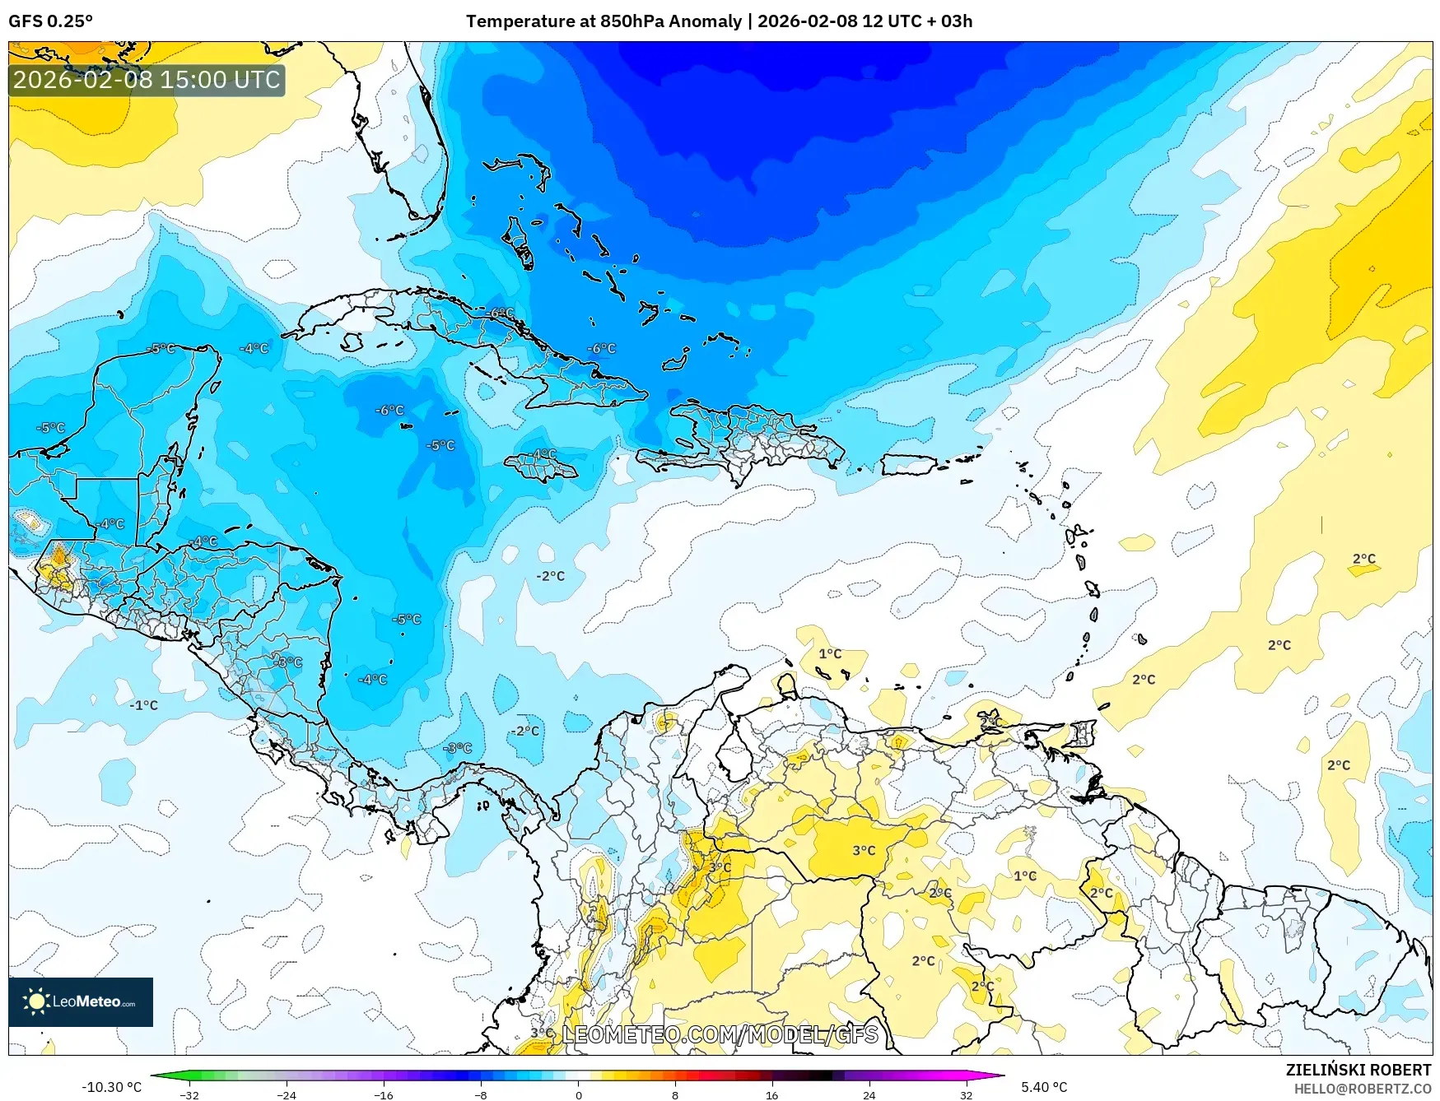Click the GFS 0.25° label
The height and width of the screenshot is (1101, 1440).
coord(50,21)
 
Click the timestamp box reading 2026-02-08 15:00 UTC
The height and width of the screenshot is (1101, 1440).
coord(147,80)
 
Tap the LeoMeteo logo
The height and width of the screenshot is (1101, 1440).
coord(81,1001)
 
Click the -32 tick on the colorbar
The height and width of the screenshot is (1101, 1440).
coord(189,1094)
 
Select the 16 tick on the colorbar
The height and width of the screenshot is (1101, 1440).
coord(771,1094)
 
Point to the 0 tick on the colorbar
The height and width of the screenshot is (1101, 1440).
coord(578,1094)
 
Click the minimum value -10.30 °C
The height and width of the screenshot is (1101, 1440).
coord(111,1087)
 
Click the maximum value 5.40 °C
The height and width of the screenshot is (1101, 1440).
coord(1044,1087)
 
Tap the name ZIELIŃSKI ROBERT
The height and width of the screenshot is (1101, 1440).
coord(1358,1070)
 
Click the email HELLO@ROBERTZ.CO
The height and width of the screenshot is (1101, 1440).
coord(1362,1089)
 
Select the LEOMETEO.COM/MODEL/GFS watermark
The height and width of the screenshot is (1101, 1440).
coord(720,1034)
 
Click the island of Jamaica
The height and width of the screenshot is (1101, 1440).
coord(541,468)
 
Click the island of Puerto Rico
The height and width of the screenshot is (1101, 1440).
coord(908,465)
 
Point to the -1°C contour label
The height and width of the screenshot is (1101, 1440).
coord(144,705)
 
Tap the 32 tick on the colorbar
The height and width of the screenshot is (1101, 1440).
coord(966,1094)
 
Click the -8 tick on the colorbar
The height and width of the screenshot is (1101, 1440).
coord(481,1094)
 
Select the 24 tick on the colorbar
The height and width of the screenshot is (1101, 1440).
coord(869,1094)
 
